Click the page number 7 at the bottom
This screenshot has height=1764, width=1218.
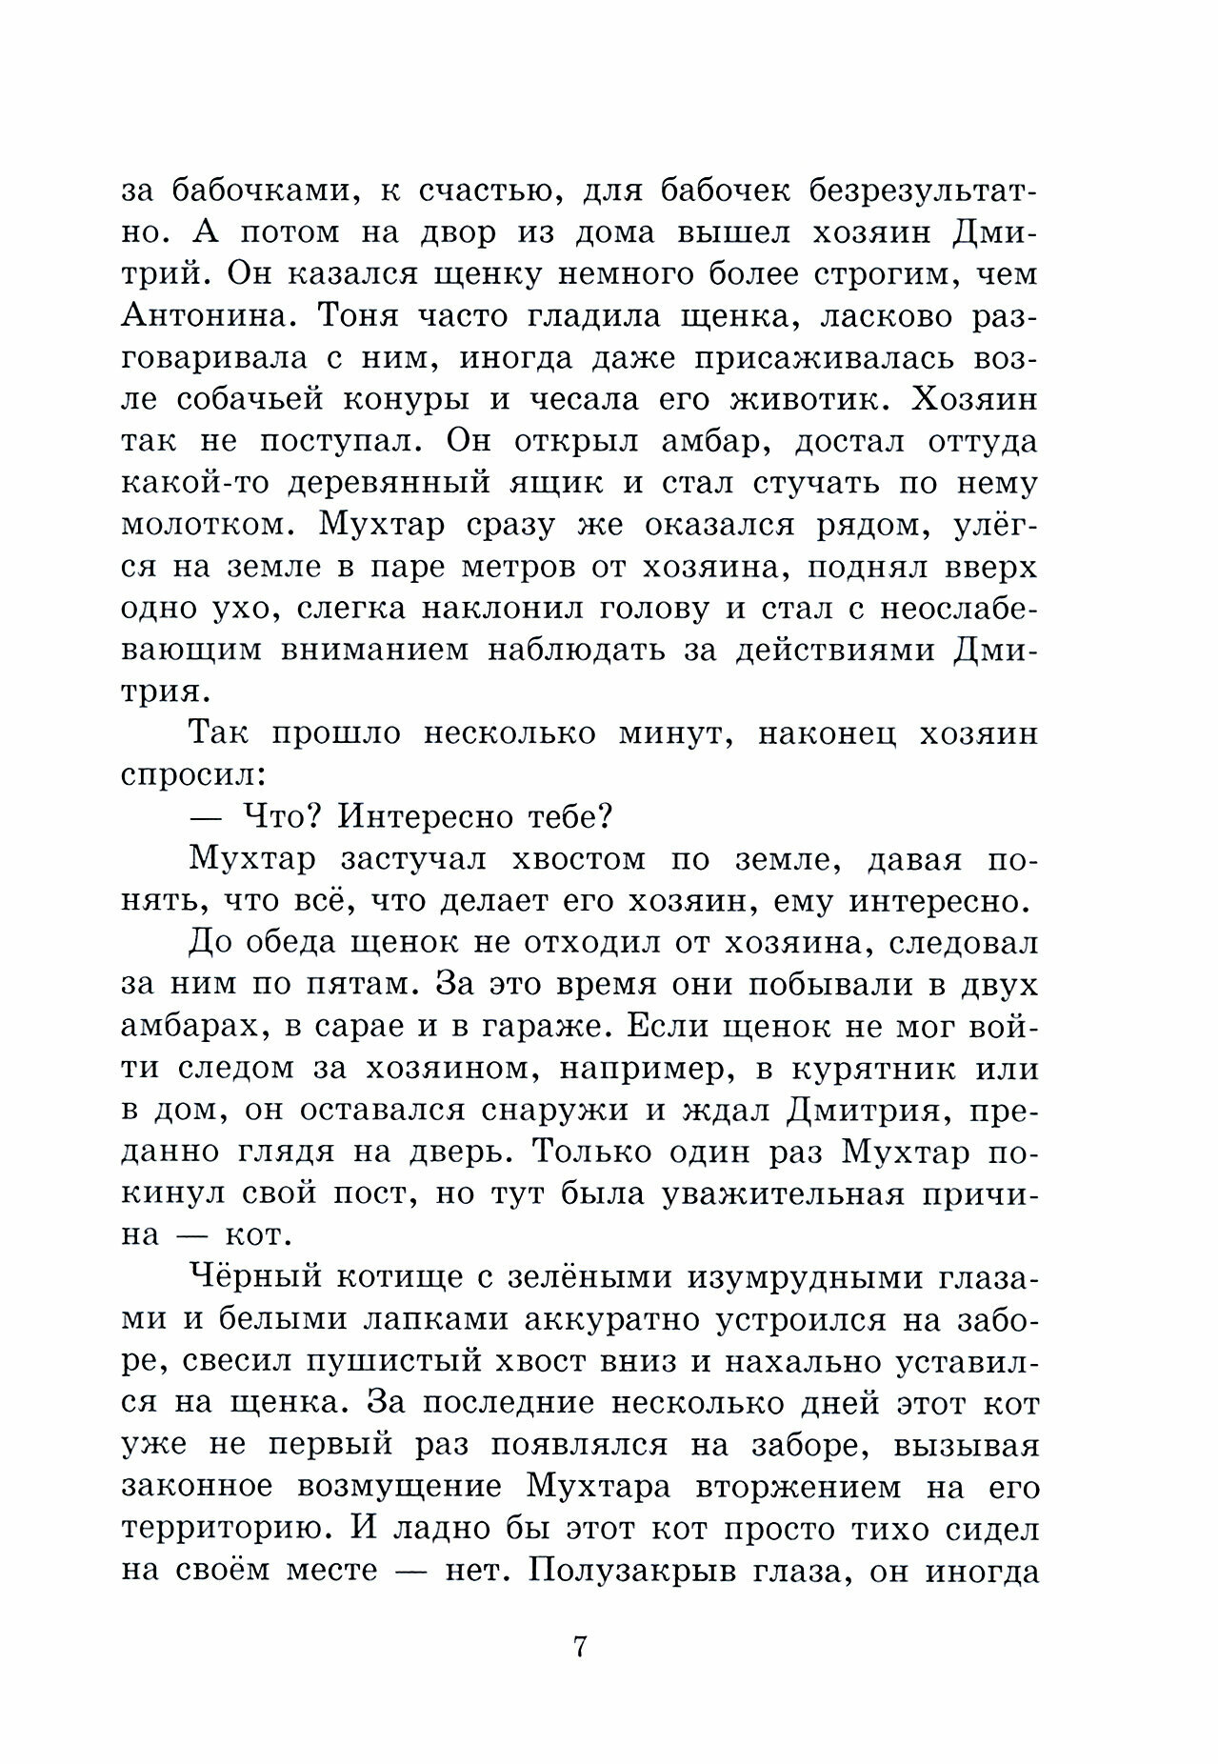pyautogui.click(x=579, y=1646)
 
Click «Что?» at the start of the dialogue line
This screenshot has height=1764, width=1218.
pyautogui.click(x=278, y=817)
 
